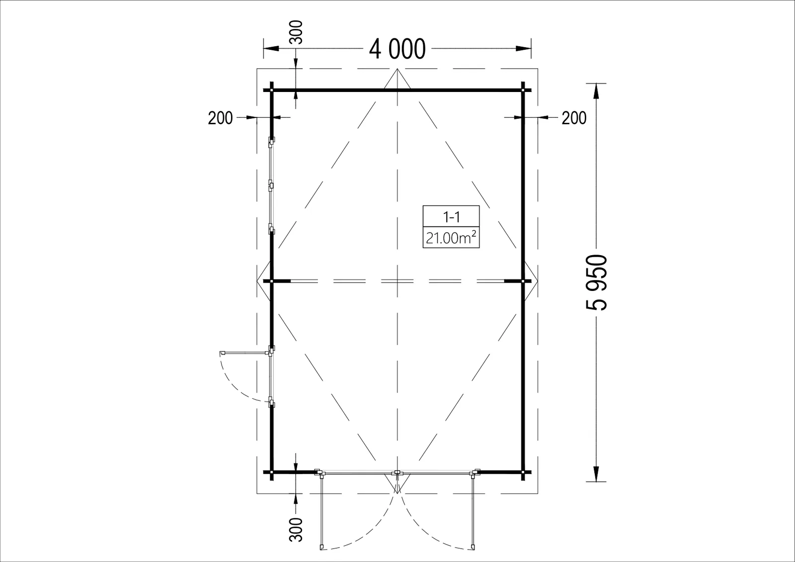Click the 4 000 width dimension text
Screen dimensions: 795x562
tap(397, 49)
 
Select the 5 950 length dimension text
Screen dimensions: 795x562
tap(597, 282)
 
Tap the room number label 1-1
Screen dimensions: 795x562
tap(452, 217)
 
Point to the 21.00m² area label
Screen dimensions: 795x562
tap(451, 238)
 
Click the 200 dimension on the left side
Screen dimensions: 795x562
tap(220, 118)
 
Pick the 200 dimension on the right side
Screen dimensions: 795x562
tap(574, 118)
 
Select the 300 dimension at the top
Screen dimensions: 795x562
tap(296, 32)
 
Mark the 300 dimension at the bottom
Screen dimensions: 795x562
tap(296, 529)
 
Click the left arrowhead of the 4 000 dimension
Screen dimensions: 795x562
tap(271, 49)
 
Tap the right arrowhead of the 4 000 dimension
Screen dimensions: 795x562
tap(524, 49)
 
